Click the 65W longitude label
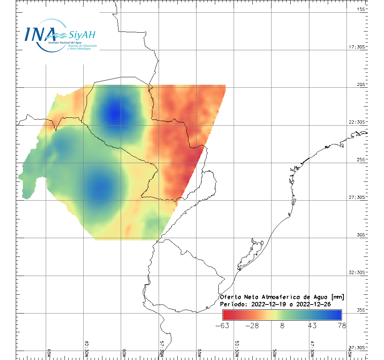49,353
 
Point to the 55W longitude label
199,353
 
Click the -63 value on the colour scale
222,325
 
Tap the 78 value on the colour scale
341,325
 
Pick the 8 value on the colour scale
282,325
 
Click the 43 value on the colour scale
312,325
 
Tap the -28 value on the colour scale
252,325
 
